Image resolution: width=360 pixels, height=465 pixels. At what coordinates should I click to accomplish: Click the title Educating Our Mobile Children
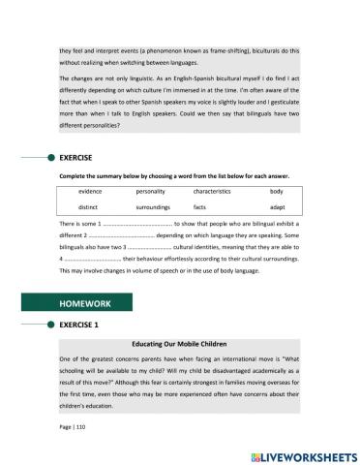coord(179,344)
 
